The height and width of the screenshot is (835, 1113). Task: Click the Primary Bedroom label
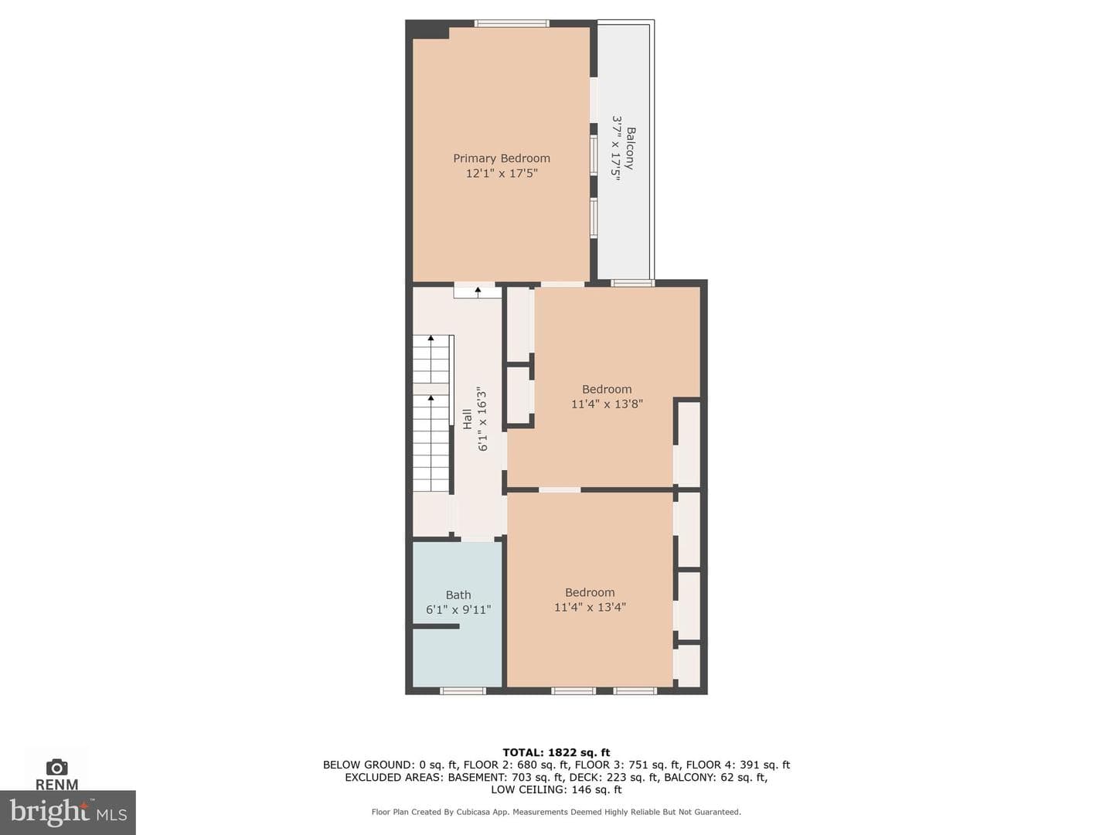(501, 158)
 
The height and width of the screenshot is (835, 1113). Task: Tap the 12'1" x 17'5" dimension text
(502, 173)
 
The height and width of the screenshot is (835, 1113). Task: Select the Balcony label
(630, 148)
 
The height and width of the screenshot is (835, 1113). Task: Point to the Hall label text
(468, 419)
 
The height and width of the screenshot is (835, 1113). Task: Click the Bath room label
(458, 595)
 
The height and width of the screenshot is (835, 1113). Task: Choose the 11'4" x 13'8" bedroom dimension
(607, 404)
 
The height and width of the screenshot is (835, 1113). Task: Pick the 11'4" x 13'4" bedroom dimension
(590, 607)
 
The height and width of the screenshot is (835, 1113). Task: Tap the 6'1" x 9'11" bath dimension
(458, 609)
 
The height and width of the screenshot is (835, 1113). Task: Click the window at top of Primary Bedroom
(512, 23)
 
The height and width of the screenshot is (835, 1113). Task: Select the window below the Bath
(462, 690)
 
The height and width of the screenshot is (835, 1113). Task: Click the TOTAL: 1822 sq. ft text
(556, 752)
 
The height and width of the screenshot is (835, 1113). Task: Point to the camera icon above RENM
(56, 767)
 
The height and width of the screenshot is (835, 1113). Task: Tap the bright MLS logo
(68, 813)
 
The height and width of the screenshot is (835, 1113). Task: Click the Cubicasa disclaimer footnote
(556, 812)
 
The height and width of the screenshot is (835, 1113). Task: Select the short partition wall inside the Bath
(436, 626)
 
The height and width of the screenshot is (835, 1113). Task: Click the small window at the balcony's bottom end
(631, 283)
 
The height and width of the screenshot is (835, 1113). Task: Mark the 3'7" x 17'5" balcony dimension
(616, 148)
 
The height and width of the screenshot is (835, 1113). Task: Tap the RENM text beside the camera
(56, 784)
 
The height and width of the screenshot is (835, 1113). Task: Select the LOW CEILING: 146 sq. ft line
(556, 789)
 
